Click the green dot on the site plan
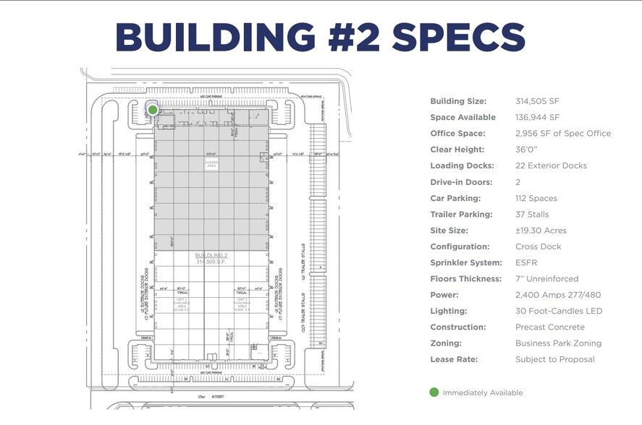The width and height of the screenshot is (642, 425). (x=153, y=109)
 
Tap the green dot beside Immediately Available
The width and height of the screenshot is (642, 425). (x=434, y=392)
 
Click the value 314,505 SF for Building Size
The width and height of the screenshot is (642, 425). (x=537, y=101)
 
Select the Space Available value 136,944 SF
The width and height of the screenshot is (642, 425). (x=537, y=117)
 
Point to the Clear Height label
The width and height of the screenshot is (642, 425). (x=457, y=150)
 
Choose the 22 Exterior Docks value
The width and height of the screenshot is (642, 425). (x=551, y=166)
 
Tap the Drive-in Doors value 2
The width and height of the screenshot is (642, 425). (x=518, y=182)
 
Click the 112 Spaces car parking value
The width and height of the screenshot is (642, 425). (x=536, y=198)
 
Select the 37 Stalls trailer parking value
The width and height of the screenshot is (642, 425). (x=532, y=214)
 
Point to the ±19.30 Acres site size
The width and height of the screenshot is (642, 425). (x=541, y=231)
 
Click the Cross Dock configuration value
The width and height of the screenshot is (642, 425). (x=538, y=246)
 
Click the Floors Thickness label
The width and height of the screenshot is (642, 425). (x=465, y=279)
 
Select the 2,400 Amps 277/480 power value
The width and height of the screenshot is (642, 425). (x=557, y=295)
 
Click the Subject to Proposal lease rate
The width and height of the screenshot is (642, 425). (x=554, y=359)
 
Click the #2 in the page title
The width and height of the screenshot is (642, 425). (x=347, y=35)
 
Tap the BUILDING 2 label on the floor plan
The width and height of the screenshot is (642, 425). (x=211, y=256)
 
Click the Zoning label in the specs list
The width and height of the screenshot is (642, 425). (x=446, y=343)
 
